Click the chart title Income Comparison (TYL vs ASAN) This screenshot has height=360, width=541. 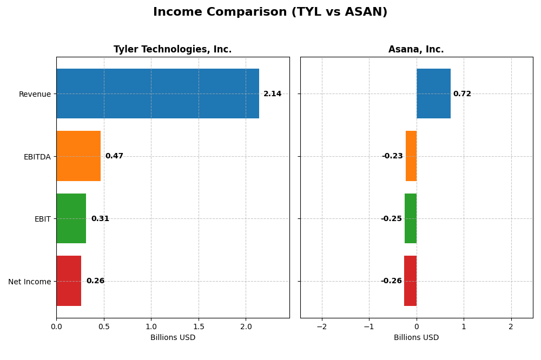tap(270, 12)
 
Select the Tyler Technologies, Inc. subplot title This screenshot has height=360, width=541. tap(173, 50)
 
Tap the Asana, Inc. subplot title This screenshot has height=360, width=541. tap(416, 50)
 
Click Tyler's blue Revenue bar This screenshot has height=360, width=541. tap(157, 94)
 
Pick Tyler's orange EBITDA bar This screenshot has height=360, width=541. tap(78, 156)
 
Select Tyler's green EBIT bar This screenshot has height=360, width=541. tap(71, 218)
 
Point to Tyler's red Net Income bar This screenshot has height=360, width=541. tap(69, 281)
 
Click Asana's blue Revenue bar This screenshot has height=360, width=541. tap(433, 94)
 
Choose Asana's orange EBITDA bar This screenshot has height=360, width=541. tap(411, 156)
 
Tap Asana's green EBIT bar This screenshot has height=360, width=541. tap(411, 218)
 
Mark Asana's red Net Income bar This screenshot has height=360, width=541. tap(410, 281)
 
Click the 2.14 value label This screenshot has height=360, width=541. tap(272, 94)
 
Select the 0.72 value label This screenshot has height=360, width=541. tap(462, 94)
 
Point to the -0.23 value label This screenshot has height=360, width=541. tap(392, 156)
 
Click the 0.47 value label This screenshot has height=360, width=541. tap(114, 156)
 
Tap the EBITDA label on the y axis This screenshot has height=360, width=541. tap(37, 157)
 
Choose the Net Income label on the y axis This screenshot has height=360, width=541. tap(29, 282)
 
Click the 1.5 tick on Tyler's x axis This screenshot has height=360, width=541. tap(199, 326)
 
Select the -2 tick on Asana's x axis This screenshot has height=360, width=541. tap(321, 326)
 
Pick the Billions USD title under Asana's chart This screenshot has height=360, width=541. tap(416, 337)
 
